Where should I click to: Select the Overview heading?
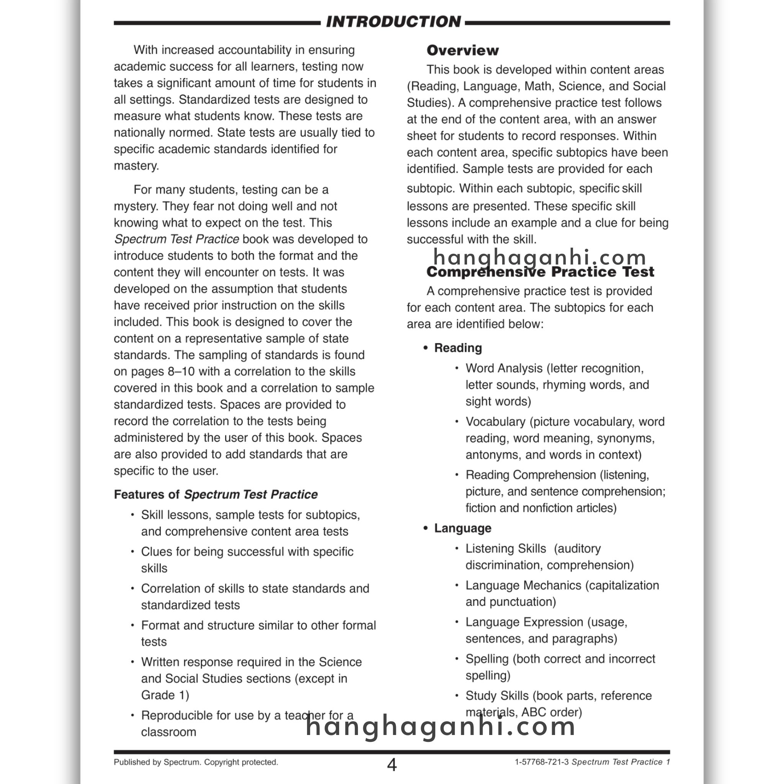[462, 50]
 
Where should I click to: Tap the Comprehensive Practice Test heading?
[540, 272]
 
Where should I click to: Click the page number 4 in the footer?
[392, 765]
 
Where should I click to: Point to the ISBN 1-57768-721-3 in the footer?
[541, 762]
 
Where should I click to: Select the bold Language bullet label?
[462, 528]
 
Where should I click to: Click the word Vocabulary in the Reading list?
[495, 421]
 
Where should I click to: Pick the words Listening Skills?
[505, 549]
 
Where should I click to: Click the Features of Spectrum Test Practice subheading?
[216, 494]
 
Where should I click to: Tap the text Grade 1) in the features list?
[165, 695]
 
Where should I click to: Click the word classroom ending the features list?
[168, 732]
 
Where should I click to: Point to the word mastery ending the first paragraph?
[136, 166]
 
